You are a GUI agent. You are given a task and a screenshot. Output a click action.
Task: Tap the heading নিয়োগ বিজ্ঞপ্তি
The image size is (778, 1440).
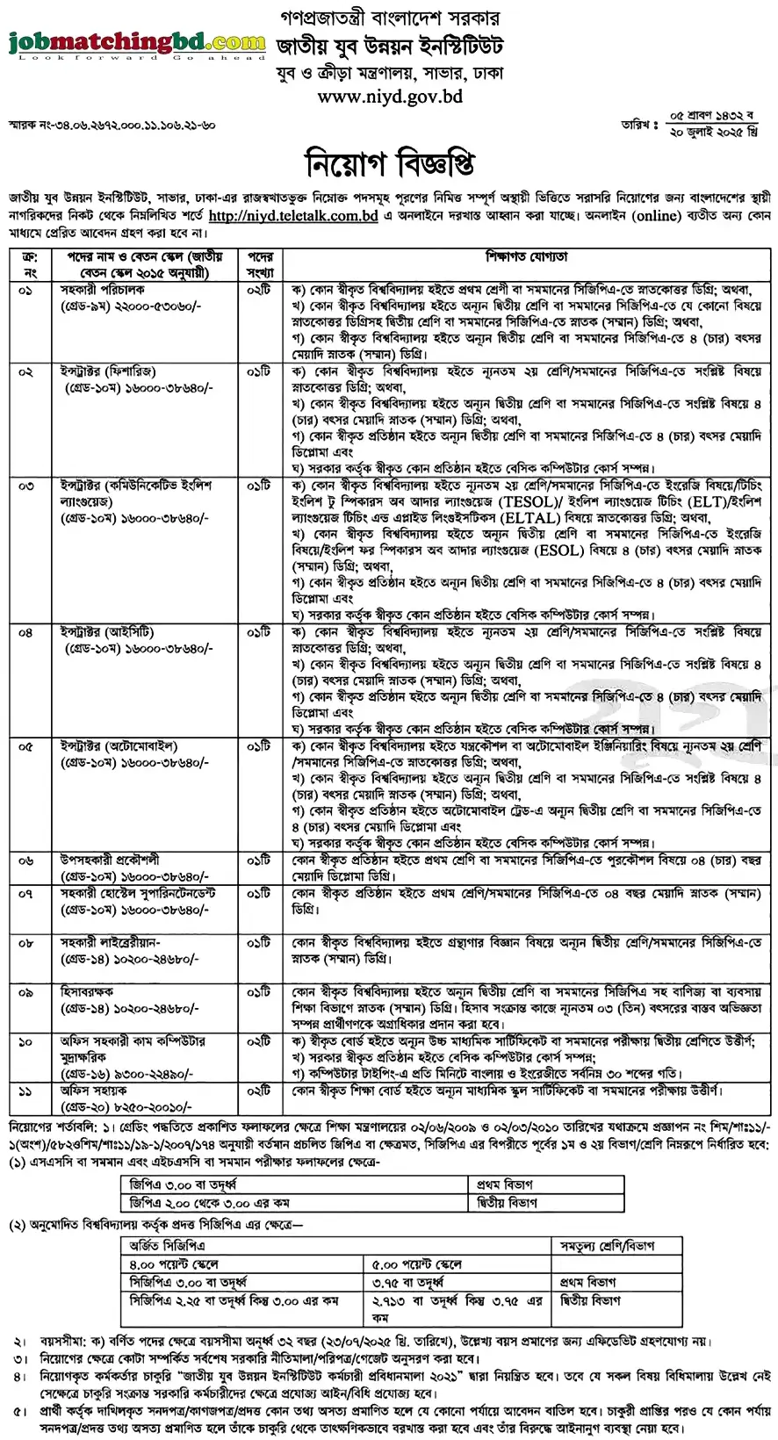[389, 163]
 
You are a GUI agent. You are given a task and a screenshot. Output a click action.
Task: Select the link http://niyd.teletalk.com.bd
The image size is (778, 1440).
[293, 216]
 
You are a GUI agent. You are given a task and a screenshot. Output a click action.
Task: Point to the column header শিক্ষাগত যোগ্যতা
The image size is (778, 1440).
[526, 257]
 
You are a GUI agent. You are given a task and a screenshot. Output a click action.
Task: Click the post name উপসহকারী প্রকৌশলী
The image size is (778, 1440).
[110, 860]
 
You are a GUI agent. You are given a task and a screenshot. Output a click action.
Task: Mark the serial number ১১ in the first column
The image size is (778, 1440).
[26, 1091]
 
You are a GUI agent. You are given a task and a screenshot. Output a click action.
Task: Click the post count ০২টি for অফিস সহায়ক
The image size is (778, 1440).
[259, 1091]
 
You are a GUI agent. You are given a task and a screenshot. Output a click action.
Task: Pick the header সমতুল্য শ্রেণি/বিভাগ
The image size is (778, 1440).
[608, 1246]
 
